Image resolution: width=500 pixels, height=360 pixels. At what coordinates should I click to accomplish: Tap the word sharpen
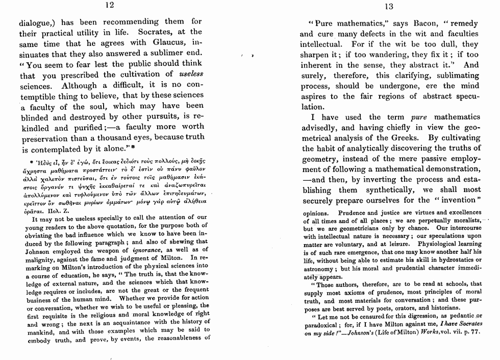coord(316,55)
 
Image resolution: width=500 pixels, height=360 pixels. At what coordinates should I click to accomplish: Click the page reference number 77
coord(475,332)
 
